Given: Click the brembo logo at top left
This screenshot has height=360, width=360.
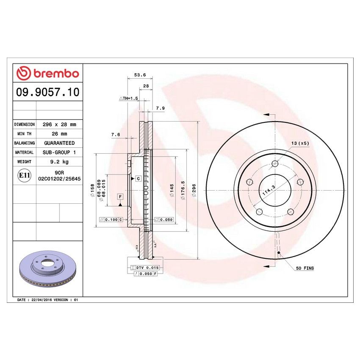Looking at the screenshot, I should pyautogui.click(x=47, y=73).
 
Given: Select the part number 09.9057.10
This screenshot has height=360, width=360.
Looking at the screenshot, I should pyautogui.click(x=47, y=92).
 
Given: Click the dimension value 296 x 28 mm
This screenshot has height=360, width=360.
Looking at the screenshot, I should pyautogui.click(x=59, y=125).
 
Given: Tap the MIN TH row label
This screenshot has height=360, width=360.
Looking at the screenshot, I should pyautogui.click(x=24, y=134).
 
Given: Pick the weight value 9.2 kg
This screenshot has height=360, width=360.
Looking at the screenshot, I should pyautogui.click(x=59, y=162).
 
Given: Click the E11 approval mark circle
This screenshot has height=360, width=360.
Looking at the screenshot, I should pyautogui.click(x=24, y=175).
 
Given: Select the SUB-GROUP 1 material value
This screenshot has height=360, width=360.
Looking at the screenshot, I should pyautogui.click(x=59, y=152).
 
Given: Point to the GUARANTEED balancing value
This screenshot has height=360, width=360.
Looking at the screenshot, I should pyautogui.click(x=59, y=143).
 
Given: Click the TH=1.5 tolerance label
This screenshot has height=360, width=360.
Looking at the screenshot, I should pyautogui.click(x=129, y=98).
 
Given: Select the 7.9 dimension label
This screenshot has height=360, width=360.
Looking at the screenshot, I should pyautogui.click(x=160, y=108).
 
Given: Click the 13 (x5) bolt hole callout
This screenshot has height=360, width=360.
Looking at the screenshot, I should pyautogui.click(x=300, y=143).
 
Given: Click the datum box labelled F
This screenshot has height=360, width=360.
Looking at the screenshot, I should pyautogui.click(x=120, y=197).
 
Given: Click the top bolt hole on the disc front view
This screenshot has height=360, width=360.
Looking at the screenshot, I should pyautogui.click(x=275, y=164).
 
